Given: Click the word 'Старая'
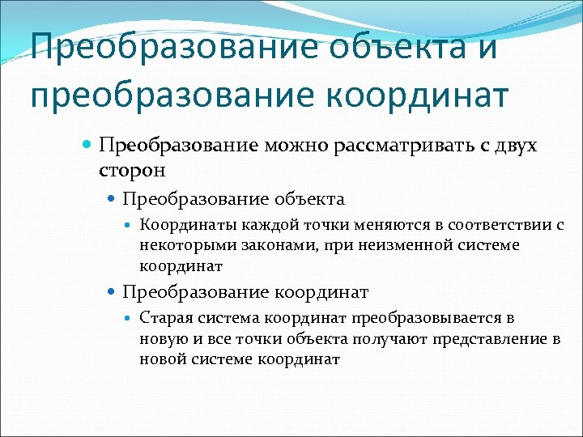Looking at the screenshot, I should point(164,318).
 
